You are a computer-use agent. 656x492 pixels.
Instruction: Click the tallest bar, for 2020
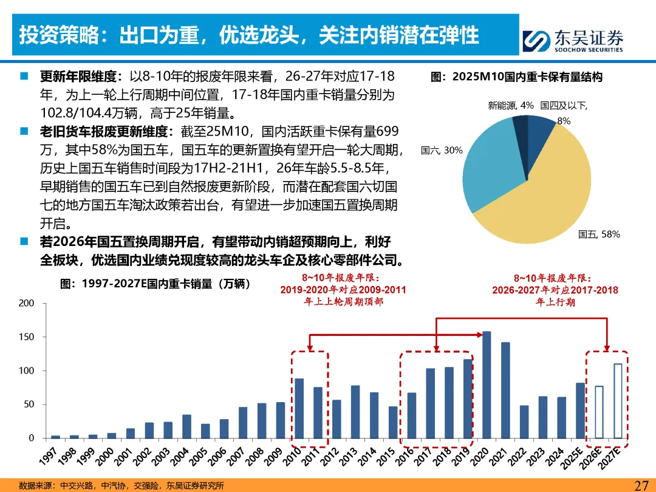(x=487, y=385)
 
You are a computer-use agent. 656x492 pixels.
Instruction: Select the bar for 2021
(x=505, y=391)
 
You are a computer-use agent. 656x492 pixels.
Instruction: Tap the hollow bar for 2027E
(x=618, y=401)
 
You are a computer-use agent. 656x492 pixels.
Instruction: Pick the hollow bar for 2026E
(x=599, y=412)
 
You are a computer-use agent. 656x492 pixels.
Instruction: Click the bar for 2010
(x=299, y=408)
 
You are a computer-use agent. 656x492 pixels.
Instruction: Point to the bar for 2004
(x=186, y=426)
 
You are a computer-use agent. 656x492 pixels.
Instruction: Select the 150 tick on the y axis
(x=26, y=337)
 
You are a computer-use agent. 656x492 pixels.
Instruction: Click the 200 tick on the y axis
(x=26, y=303)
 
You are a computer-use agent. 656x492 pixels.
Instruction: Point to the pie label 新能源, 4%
(x=510, y=106)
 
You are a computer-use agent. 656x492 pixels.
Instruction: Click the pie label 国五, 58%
(x=599, y=234)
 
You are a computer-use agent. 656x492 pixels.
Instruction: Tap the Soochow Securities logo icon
(x=536, y=41)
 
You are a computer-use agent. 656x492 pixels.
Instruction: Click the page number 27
(x=641, y=485)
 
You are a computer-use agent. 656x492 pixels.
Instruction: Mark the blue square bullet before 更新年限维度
(x=24, y=76)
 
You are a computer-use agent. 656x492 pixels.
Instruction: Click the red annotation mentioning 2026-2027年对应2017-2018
(x=555, y=290)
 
